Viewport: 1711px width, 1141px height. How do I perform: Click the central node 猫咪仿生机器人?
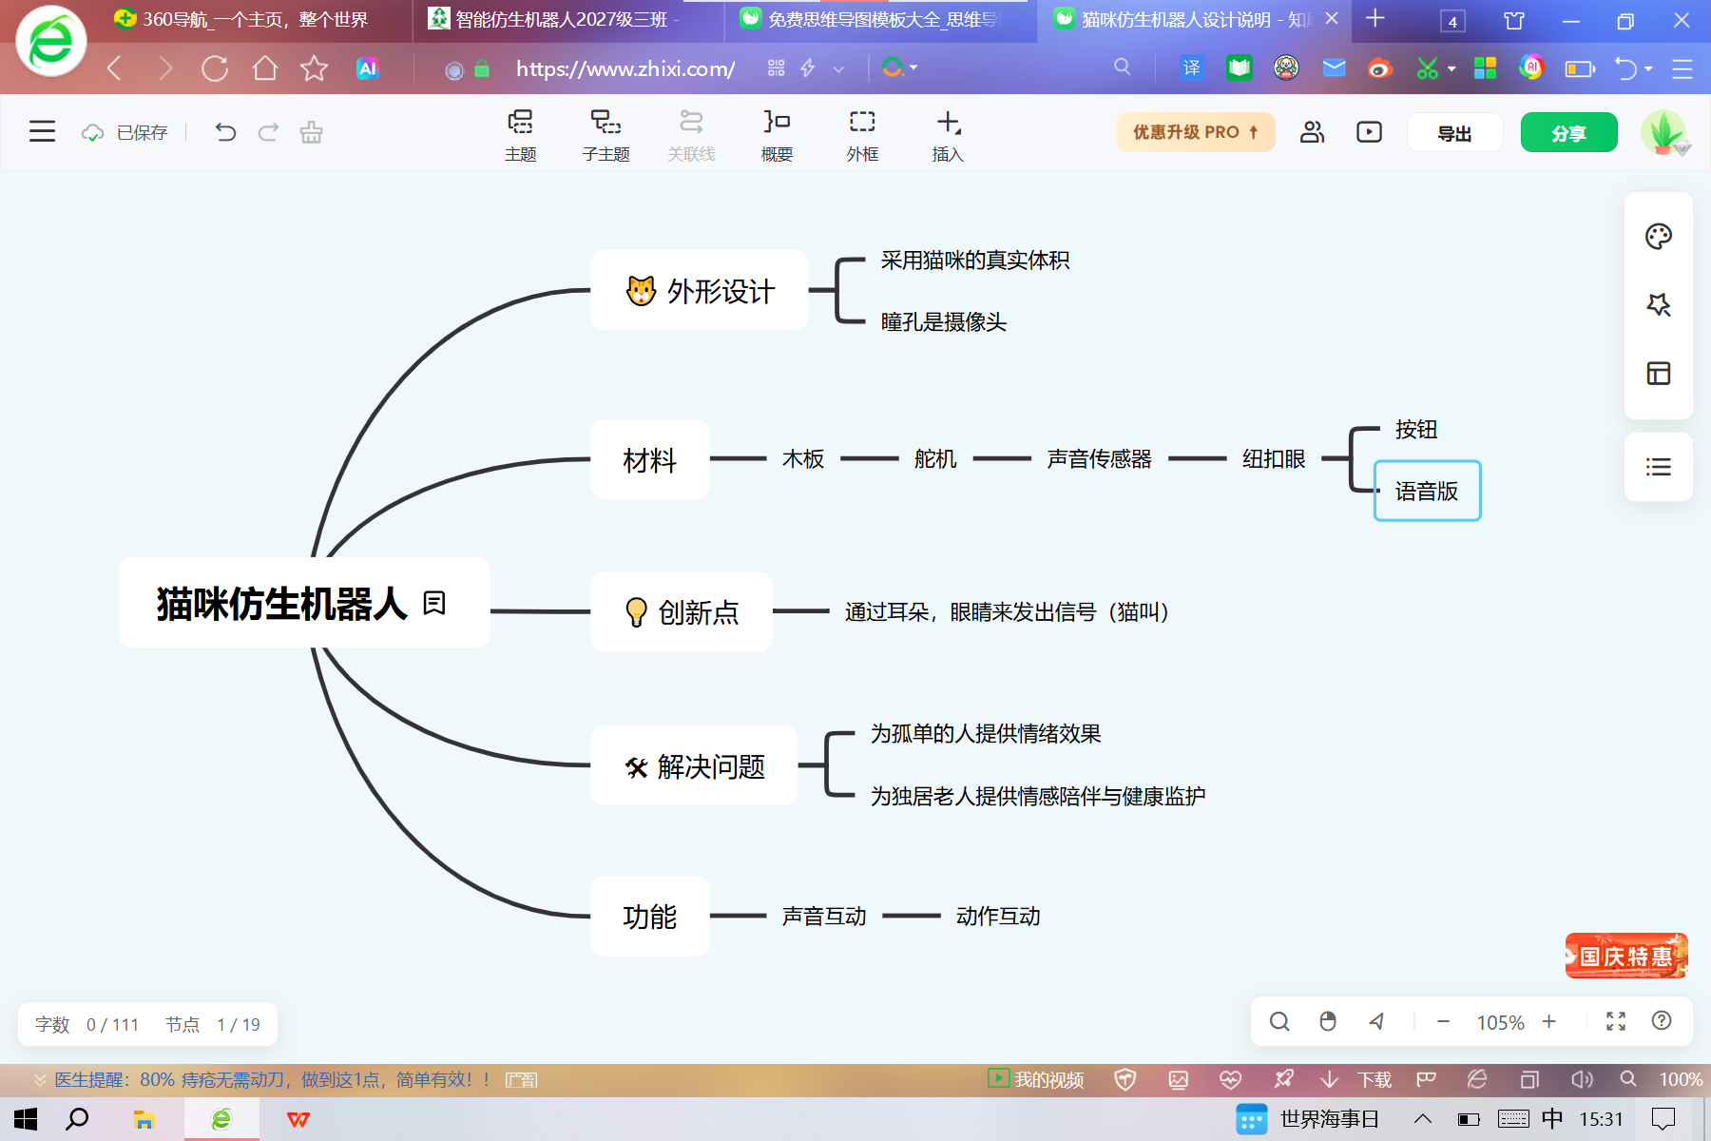pos(304,603)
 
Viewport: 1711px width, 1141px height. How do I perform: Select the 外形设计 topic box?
pos(700,291)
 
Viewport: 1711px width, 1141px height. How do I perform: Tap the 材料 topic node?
pos(650,460)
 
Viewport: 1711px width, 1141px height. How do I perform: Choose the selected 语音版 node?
pos(1427,491)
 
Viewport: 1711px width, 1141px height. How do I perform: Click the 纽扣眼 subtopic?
pos(1274,459)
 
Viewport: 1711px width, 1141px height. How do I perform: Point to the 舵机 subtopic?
pos(935,459)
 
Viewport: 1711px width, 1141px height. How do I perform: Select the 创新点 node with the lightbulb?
pos(682,612)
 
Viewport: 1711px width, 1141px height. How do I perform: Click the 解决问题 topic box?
pos(694,766)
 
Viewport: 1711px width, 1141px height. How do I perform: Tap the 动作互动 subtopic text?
pos(998,916)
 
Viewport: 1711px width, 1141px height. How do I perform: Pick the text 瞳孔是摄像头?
pos(944,322)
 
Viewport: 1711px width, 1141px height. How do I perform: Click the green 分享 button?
pos(1568,133)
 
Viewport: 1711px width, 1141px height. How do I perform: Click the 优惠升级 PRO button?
pos(1195,133)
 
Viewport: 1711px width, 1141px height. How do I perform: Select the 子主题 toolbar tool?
pos(606,135)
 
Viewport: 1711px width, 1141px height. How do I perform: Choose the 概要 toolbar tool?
pos(777,135)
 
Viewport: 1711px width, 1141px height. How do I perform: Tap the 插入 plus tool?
pos(948,135)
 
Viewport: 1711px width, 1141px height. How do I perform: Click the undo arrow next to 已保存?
pos(225,132)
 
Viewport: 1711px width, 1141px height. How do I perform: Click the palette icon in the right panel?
pos(1659,237)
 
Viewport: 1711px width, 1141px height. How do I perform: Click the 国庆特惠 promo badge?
pos(1626,956)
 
